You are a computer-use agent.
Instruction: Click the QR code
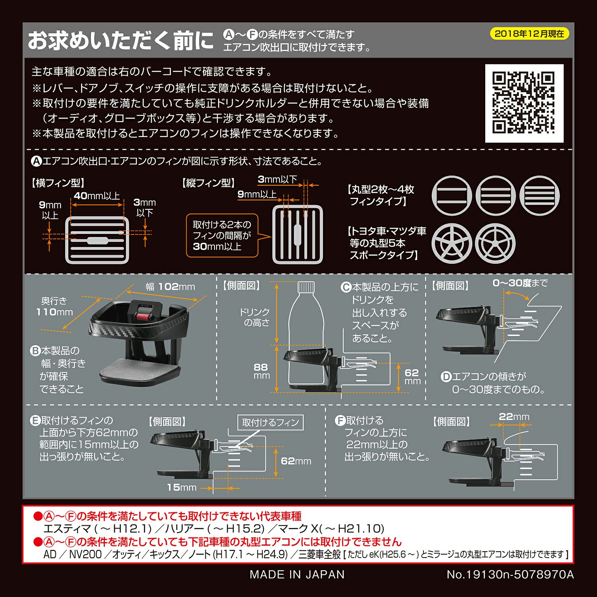click(x=524, y=103)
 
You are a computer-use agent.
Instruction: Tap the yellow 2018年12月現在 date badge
click(x=529, y=34)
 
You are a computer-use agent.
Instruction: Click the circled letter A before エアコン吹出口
click(x=36, y=161)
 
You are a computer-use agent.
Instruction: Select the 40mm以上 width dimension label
click(x=97, y=196)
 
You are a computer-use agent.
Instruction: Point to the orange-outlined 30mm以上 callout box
click(x=222, y=235)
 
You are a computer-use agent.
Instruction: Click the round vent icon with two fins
click(x=452, y=195)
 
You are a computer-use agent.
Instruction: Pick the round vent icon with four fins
click(x=539, y=195)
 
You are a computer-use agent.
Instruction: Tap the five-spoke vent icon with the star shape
click(x=452, y=243)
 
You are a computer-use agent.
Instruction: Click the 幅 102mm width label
click(x=170, y=287)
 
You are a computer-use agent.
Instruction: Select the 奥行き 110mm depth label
click(x=55, y=306)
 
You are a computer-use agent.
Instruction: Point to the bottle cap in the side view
click(x=306, y=287)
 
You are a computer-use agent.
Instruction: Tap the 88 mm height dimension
click(x=261, y=371)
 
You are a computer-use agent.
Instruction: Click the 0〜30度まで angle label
click(x=520, y=283)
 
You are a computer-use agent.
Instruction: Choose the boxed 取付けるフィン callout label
click(x=270, y=422)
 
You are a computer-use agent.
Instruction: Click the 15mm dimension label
click(x=182, y=487)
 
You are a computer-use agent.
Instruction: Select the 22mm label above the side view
click(x=514, y=416)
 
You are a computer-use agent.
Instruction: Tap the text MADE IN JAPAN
click(x=297, y=574)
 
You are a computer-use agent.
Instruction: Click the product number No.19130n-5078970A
click(x=510, y=574)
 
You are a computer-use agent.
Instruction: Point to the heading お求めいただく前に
click(x=121, y=41)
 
